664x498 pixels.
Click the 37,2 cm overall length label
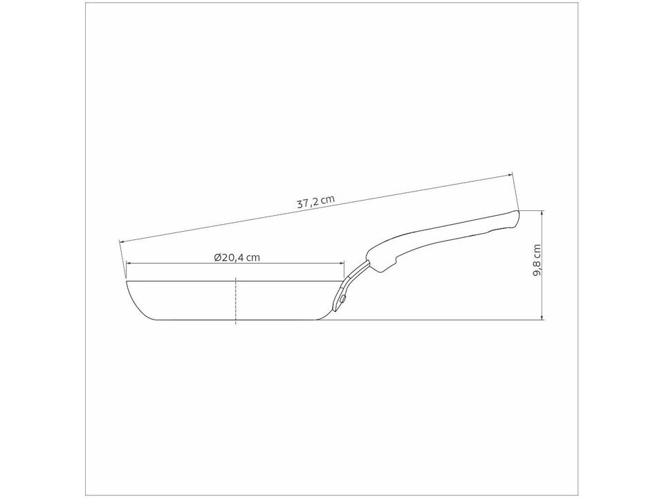click(x=315, y=202)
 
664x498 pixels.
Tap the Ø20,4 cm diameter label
click(x=237, y=257)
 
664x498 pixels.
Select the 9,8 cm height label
click(x=537, y=261)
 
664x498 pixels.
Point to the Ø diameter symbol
click(x=218, y=257)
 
